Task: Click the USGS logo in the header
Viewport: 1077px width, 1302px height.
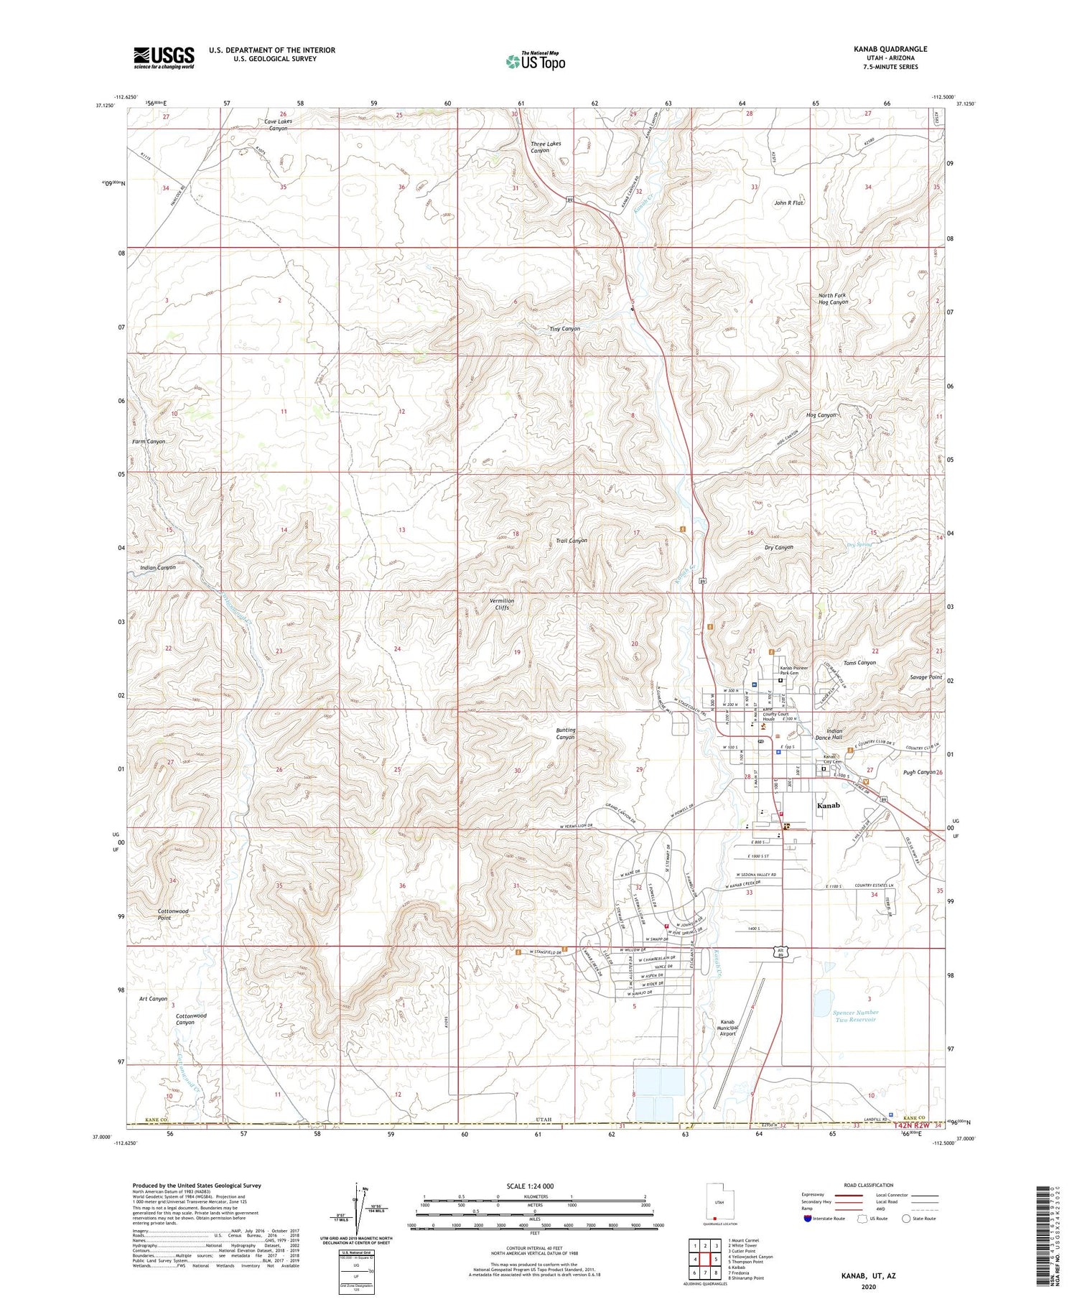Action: point(164,57)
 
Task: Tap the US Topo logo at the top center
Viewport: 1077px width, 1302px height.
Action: point(535,61)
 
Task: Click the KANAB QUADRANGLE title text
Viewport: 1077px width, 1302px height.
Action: point(890,49)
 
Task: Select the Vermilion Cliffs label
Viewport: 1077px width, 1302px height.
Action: point(502,604)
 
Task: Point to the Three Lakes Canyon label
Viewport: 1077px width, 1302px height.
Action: point(546,147)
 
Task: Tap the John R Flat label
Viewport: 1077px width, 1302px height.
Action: point(788,203)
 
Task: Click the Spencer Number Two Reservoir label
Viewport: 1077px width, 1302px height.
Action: point(855,1015)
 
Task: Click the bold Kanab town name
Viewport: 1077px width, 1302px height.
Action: point(828,805)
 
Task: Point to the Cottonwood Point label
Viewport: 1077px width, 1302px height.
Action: point(173,914)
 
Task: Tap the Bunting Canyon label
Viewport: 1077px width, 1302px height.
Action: point(566,733)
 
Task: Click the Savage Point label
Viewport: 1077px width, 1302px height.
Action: point(926,677)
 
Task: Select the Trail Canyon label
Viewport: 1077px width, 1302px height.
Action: point(572,540)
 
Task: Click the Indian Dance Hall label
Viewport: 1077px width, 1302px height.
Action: point(829,734)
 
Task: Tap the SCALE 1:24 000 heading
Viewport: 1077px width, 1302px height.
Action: point(530,1186)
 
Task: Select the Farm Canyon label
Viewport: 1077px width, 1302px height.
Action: point(149,442)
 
